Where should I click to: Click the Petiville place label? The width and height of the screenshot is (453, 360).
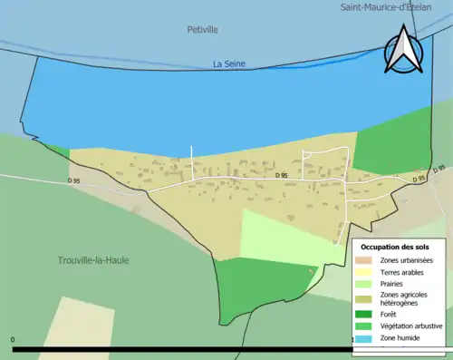[202, 29]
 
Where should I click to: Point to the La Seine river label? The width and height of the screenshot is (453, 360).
[229, 63]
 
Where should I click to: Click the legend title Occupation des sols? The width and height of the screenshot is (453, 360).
[395, 247]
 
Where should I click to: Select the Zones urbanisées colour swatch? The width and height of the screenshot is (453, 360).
[367, 261]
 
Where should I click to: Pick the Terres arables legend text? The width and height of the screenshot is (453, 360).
[404, 272]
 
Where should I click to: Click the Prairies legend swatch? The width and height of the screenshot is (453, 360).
[367, 283]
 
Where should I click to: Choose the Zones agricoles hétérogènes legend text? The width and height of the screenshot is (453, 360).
[405, 298]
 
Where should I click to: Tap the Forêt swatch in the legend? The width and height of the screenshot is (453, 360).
[367, 315]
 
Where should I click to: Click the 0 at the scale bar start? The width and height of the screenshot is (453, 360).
[14, 340]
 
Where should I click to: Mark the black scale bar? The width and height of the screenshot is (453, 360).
[181, 348]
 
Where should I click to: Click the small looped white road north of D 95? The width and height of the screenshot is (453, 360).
[325, 157]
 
